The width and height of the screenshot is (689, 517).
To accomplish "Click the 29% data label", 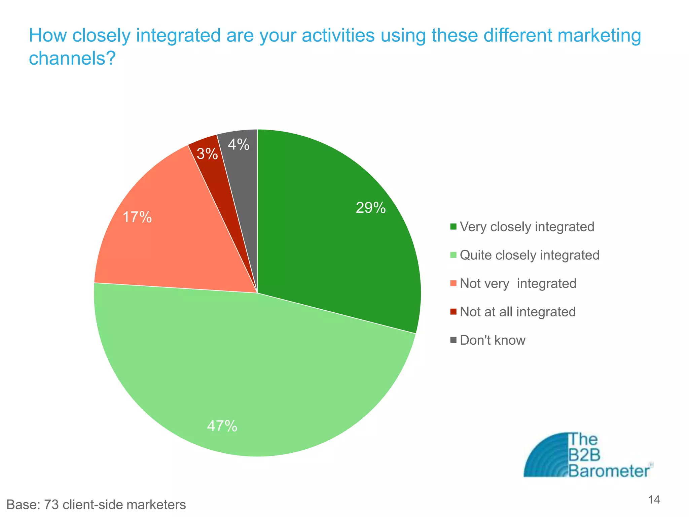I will [370, 208].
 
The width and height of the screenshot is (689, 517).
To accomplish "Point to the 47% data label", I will [222, 426].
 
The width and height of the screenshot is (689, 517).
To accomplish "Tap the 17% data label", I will [137, 217].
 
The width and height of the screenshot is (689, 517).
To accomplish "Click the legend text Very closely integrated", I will [527, 227].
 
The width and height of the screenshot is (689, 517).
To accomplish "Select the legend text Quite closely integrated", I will [530, 255].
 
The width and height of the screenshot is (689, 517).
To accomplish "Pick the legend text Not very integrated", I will [518, 283].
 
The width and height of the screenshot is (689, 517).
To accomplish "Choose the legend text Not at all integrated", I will [518, 312].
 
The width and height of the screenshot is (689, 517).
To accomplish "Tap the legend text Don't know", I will [493, 340].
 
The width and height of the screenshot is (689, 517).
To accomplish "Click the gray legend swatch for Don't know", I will [454, 340].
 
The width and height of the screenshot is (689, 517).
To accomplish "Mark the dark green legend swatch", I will [454, 227].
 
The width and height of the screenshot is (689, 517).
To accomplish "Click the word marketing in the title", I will [599, 35].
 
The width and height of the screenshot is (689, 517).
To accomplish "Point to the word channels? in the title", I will [72, 58].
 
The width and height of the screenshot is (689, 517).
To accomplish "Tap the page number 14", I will [654, 500].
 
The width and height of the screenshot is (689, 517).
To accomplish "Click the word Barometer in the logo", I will [609, 471].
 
